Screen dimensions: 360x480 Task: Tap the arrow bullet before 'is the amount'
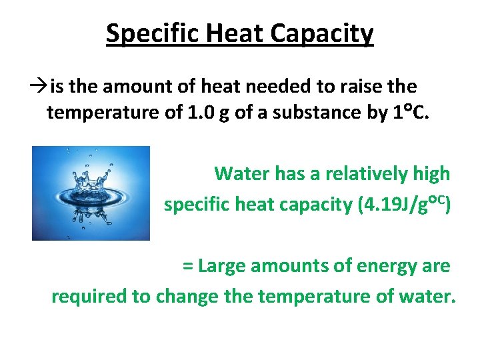(x=39, y=87)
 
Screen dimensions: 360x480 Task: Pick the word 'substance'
(x=325, y=113)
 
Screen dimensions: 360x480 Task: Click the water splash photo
(x=91, y=193)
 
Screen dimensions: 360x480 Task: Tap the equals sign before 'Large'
(x=187, y=266)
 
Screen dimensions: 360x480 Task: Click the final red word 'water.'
(x=427, y=296)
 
